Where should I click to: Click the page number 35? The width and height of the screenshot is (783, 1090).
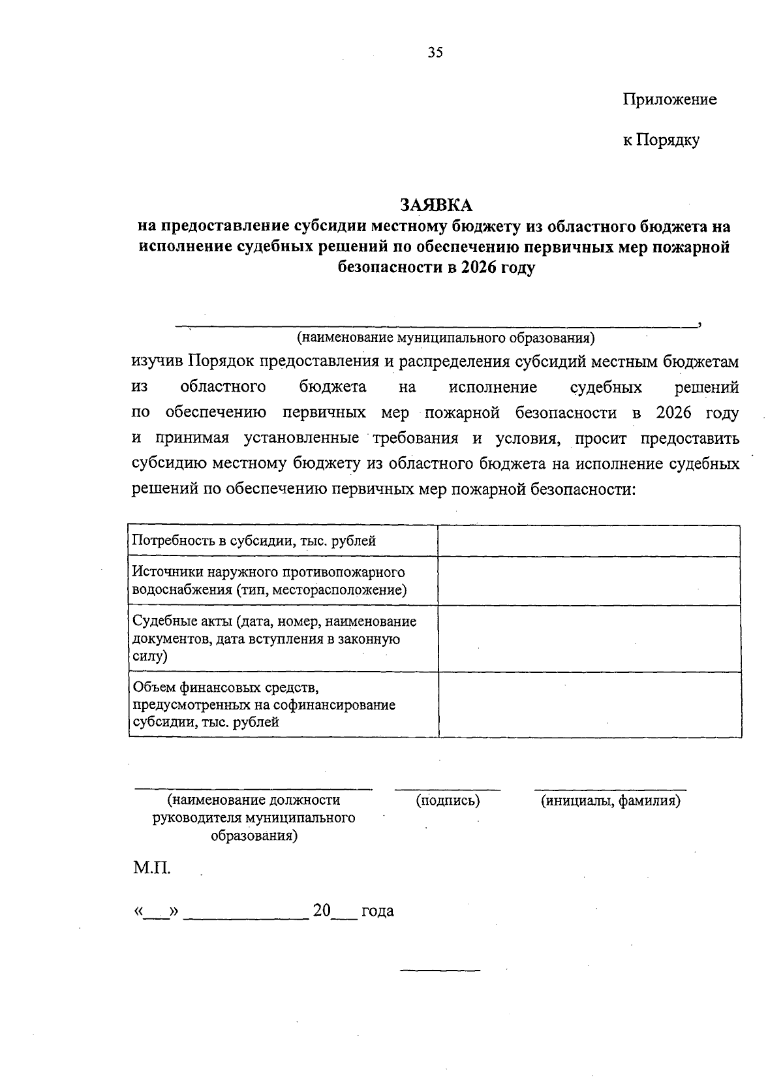(x=435, y=53)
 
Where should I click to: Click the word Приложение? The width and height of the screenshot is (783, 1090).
(x=669, y=99)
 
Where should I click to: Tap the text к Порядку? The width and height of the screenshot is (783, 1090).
(x=660, y=140)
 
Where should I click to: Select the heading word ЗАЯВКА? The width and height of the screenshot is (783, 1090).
(x=436, y=205)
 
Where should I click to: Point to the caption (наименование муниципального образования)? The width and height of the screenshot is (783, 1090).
(x=446, y=337)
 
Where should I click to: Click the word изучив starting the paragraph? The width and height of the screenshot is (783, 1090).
(x=157, y=362)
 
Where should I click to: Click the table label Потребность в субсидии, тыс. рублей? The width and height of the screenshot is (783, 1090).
(x=254, y=540)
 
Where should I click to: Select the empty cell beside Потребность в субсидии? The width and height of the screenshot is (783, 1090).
(x=589, y=540)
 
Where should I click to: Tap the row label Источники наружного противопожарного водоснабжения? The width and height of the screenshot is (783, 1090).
(x=269, y=581)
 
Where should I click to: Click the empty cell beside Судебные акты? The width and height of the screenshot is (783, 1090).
(x=589, y=638)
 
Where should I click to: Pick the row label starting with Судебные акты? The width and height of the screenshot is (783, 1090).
(x=274, y=638)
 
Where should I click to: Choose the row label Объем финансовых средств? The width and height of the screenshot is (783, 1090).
(x=264, y=705)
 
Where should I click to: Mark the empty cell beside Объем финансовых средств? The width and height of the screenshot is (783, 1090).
(x=589, y=705)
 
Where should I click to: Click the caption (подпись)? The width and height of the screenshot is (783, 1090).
(x=448, y=800)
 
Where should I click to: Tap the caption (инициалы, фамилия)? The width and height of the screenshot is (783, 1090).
(x=610, y=800)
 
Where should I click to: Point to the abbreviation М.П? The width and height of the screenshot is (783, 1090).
(x=152, y=869)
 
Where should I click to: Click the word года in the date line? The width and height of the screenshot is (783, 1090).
(x=378, y=911)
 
